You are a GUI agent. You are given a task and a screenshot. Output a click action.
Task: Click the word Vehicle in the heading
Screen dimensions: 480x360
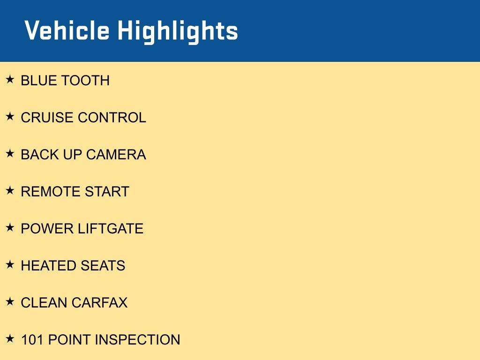67,30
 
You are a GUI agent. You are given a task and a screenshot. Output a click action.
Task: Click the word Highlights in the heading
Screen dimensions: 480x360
178,32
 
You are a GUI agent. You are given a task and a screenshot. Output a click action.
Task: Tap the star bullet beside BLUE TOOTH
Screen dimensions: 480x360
10,79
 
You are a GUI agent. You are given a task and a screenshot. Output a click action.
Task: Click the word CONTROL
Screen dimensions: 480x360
112,118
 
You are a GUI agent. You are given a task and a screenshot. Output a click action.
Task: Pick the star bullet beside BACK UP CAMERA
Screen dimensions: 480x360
10,153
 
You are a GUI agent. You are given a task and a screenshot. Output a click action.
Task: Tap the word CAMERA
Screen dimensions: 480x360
116,155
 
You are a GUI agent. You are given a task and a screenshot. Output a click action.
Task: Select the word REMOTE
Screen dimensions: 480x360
51,192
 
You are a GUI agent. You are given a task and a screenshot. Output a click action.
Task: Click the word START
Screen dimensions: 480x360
107,192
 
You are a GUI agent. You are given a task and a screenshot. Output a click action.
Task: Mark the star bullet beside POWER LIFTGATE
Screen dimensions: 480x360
10,227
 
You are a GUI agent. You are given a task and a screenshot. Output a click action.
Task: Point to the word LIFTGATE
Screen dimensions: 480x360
111,229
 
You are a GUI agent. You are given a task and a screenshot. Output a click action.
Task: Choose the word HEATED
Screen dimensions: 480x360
48,266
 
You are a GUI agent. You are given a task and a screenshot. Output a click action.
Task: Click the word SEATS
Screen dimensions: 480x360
103,266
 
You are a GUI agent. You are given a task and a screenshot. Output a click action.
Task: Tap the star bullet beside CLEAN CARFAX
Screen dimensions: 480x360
10,301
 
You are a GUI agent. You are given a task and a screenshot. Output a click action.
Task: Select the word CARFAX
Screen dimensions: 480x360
99,303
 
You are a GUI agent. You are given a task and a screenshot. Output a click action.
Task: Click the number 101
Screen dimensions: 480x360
32,340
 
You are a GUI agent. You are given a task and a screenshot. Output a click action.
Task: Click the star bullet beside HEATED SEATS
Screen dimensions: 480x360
10,264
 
